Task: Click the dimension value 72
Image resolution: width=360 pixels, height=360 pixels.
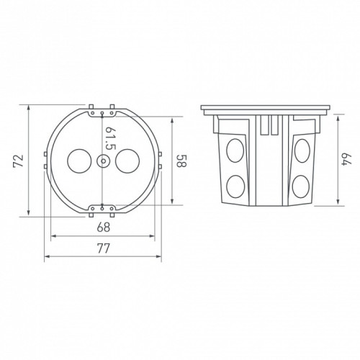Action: [x=18, y=161]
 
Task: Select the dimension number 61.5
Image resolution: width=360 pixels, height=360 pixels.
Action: [x=109, y=138]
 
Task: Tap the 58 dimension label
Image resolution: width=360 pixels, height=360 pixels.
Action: [x=181, y=161]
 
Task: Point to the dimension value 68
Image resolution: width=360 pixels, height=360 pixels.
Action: [x=104, y=227]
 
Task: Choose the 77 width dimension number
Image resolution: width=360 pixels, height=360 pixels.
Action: [x=104, y=248]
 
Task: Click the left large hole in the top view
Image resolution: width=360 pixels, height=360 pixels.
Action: [x=79, y=161]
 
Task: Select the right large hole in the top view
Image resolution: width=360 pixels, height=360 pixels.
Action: [x=127, y=161]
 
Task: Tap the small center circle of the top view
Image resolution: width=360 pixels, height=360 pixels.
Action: [x=103, y=161]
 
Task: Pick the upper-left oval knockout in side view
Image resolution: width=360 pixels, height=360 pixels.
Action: [x=235, y=150]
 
